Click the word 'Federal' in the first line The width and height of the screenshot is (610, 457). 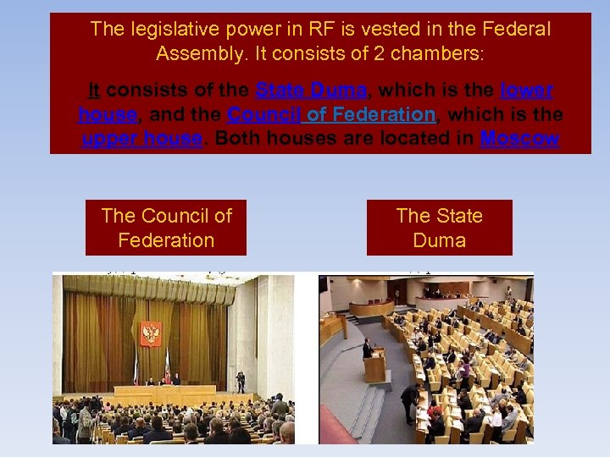(x=516, y=30)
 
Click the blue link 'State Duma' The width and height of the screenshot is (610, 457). (x=311, y=90)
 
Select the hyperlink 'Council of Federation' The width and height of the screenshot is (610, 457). (x=331, y=114)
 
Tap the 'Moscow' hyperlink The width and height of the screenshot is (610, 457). (x=518, y=139)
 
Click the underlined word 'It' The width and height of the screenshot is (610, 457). (x=95, y=90)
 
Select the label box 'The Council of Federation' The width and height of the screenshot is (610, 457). (x=166, y=228)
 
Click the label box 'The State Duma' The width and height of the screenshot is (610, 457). (x=439, y=228)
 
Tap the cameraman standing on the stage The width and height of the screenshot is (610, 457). (x=240, y=382)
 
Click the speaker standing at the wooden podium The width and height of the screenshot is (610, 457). (x=368, y=348)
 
